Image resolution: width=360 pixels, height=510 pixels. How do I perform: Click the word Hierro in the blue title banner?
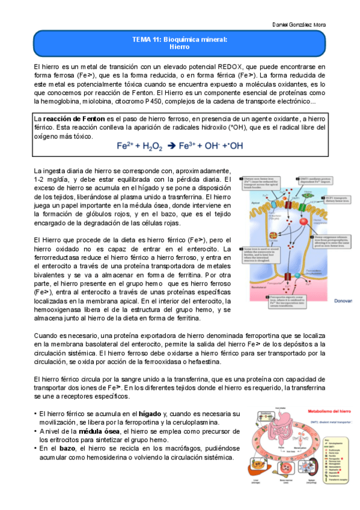coord(180,46)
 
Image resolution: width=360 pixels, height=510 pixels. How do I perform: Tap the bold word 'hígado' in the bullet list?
coord(150,414)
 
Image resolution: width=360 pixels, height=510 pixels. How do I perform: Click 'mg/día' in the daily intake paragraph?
coord(58,180)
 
